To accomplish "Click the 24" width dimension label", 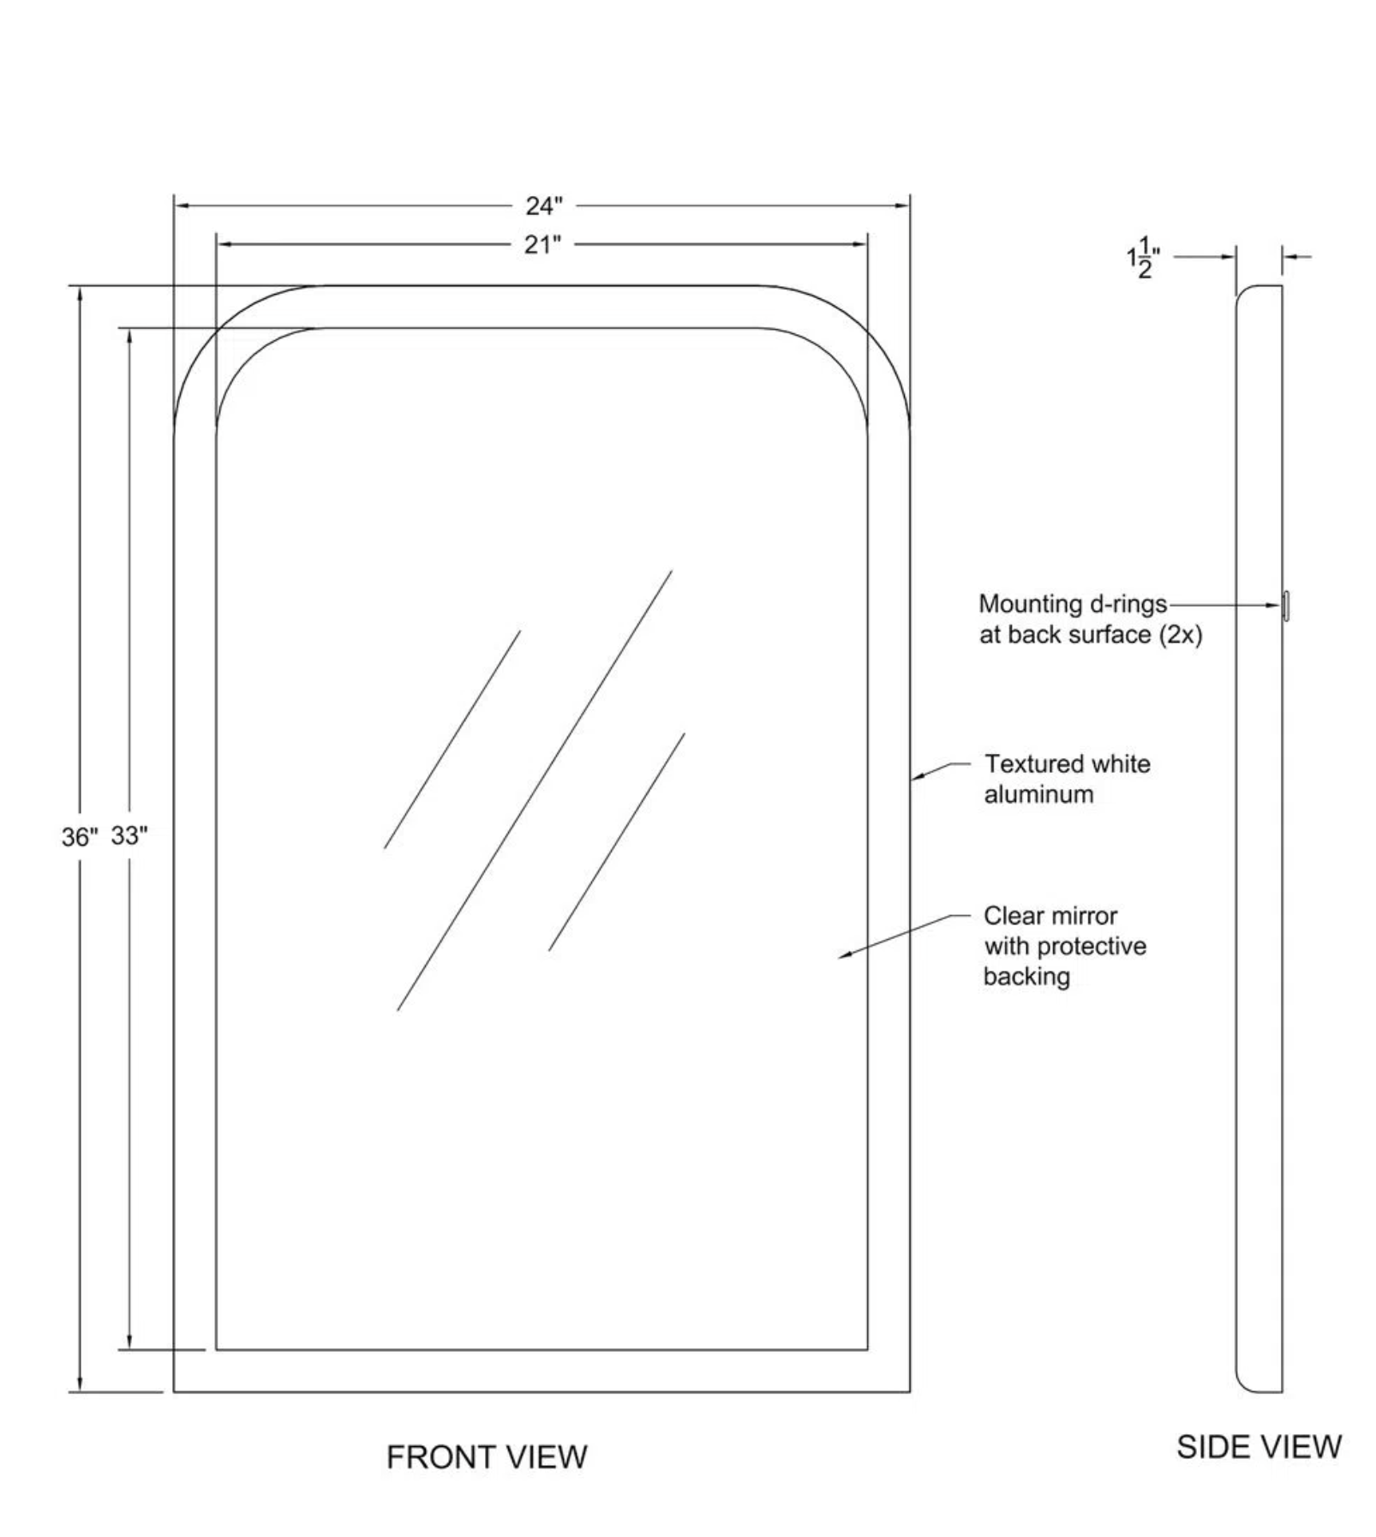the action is (x=544, y=206).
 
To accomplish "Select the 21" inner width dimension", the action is (x=542, y=244).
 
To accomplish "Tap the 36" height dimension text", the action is (x=80, y=837).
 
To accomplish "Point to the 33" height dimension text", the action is (x=129, y=835).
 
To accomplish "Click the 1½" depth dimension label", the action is (x=1144, y=257).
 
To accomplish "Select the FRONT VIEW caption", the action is (x=487, y=1456).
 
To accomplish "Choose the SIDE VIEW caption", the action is (x=1259, y=1446).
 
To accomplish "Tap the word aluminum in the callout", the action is (x=1038, y=794).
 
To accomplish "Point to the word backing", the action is (x=1026, y=977).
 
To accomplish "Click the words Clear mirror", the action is (x=1050, y=916).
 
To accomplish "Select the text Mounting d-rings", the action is (x=1073, y=604).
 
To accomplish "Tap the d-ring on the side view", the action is (x=1286, y=605).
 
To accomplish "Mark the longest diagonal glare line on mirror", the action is (x=535, y=790).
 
